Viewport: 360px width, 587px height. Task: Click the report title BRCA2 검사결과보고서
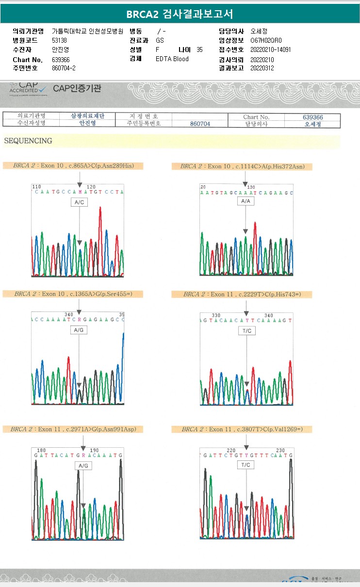tap(180, 14)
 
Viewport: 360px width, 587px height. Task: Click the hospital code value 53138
tap(59, 41)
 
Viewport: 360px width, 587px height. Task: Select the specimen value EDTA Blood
tap(172, 59)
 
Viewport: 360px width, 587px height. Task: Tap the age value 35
tap(199, 50)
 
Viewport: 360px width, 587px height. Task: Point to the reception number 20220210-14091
tap(270, 50)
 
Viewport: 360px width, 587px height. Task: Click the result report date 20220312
tap(262, 68)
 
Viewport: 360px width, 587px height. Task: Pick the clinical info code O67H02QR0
tap(266, 41)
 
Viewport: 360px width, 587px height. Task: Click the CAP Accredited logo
tap(28, 89)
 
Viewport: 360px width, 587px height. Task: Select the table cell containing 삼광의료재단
tap(88, 116)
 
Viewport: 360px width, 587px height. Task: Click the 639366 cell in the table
tap(312, 117)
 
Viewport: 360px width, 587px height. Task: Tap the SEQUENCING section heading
tap(28, 141)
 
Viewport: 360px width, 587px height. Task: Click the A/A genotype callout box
tap(245, 201)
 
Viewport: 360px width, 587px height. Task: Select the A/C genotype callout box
tap(79, 202)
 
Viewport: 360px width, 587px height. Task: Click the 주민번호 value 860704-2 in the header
tap(64, 68)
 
